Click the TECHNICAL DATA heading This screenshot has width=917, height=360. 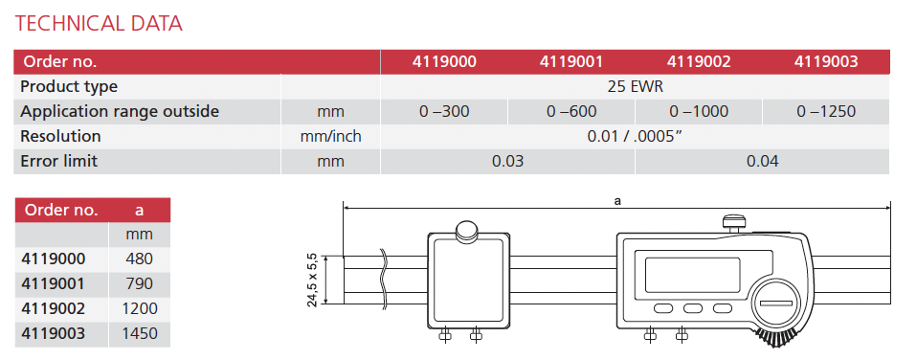99,23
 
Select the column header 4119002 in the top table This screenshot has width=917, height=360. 699,61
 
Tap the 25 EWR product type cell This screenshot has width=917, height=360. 636,86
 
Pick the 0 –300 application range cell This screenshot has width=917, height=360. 444,111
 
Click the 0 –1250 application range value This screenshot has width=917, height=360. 826,111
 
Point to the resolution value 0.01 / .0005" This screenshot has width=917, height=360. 636,136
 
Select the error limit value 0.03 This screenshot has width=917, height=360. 507,161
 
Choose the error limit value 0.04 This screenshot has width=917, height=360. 763,161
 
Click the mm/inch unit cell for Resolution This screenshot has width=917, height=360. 330,136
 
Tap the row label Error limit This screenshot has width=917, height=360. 58,161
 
